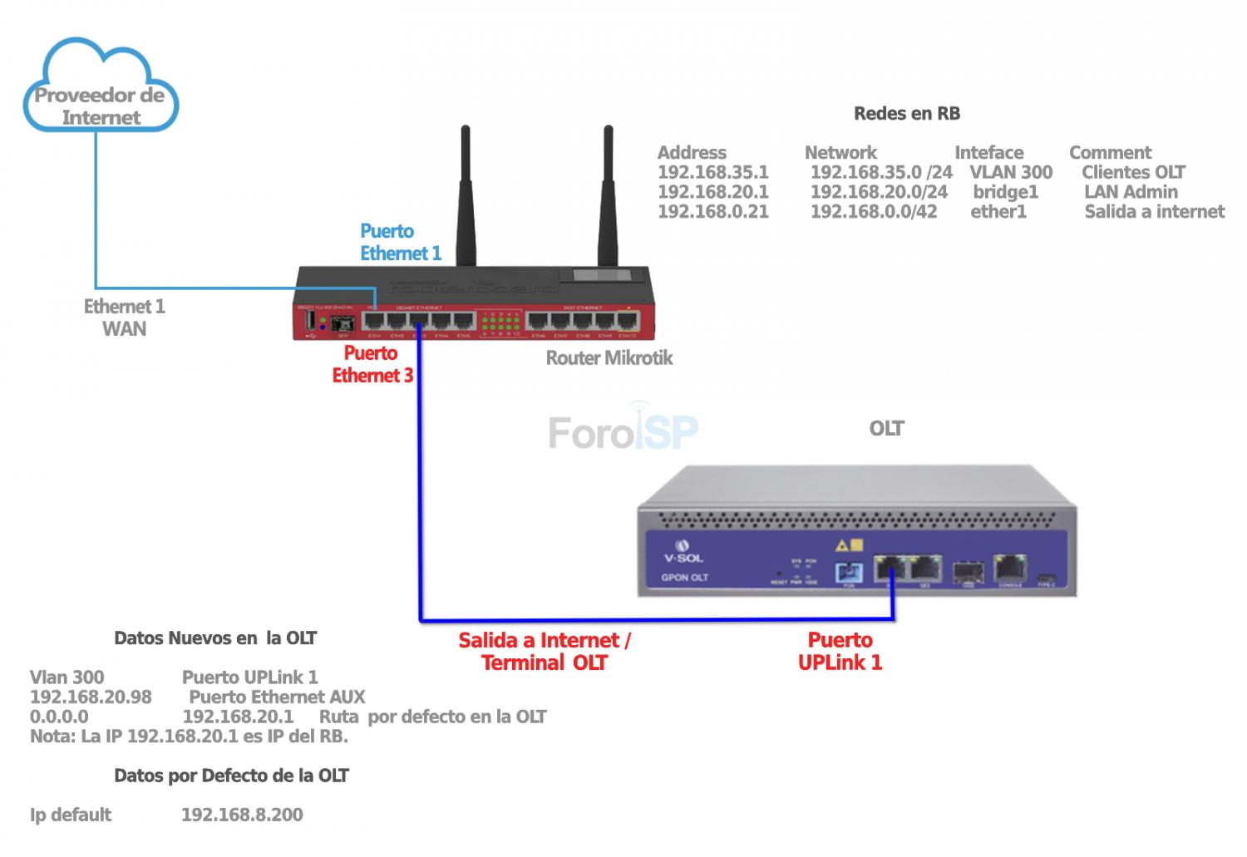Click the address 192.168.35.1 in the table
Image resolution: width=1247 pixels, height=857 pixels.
[712, 172]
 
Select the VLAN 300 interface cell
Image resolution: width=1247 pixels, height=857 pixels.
[1010, 172]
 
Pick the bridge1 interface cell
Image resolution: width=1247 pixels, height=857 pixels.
[1005, 192]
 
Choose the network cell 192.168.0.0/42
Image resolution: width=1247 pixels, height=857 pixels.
[873, 212]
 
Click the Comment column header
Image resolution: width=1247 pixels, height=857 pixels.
[1110, 153]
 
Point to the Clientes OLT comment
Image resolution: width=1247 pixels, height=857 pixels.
[1133, 172]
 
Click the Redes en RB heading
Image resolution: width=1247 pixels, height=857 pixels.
[906, 114]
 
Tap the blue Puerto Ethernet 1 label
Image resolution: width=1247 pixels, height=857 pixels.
[400, 242]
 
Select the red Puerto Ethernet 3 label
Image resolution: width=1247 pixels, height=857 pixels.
[372, 364]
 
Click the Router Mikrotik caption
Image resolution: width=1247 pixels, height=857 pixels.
[609, 358]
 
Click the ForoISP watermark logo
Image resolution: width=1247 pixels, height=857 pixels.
[623, 431]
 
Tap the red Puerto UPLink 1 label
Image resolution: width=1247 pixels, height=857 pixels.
[840, 651]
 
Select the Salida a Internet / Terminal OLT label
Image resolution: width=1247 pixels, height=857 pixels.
[545, 651]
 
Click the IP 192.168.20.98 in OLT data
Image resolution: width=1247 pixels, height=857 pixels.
[91, 697]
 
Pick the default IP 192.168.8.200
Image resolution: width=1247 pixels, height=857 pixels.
[242, 815]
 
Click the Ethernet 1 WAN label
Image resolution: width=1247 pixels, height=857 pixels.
[124, 318]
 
